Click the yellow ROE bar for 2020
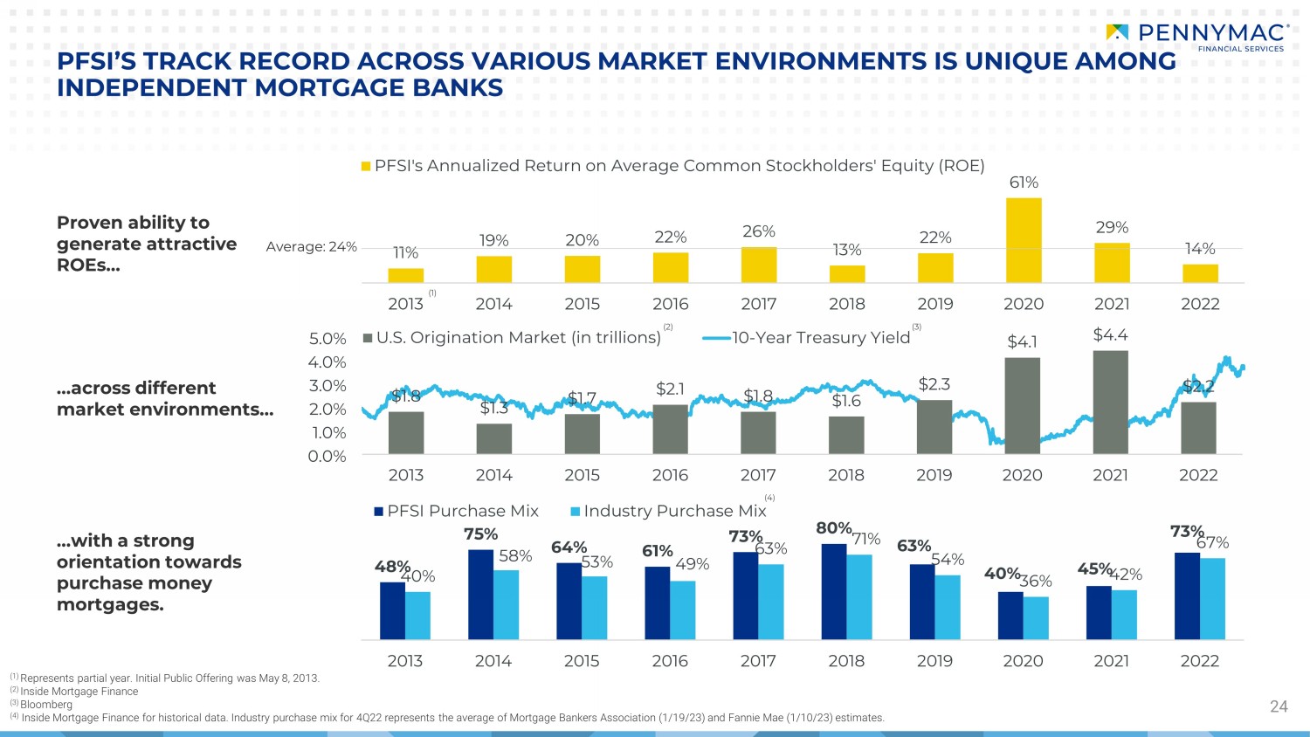1024,240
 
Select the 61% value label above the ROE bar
1024,183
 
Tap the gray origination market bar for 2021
1110,402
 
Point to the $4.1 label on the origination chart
1022,341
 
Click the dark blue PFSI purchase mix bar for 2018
834,591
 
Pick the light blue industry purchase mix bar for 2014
506,604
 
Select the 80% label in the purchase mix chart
833,528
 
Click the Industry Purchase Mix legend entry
668,511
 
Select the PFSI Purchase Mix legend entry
457,511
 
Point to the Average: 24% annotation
312,247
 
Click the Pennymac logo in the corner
1197,36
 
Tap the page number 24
1279,706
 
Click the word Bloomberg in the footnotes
46,705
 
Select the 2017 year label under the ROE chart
759,304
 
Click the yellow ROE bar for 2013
405,275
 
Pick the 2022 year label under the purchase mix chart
1199,661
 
